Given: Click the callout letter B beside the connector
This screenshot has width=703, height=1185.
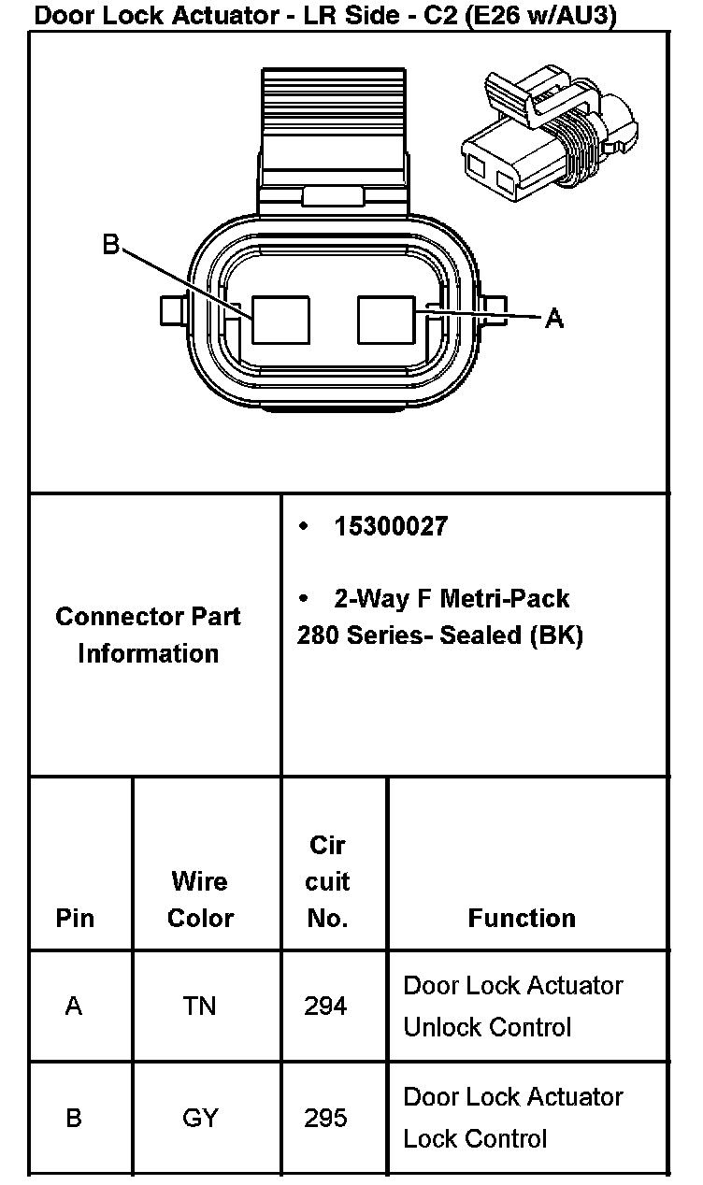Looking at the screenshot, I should tap(111, 246).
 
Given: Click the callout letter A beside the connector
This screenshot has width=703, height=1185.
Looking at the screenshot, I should tap(553, 319).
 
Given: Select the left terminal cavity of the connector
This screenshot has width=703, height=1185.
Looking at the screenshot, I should tap(280, 320).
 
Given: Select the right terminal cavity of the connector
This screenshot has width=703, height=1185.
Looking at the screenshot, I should tap(386, 320).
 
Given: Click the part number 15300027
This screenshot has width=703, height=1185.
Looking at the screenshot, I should tap(391, 527).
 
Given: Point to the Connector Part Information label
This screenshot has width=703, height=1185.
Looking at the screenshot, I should tap(148, 635).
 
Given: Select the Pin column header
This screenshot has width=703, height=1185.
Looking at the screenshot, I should tap(75, 918).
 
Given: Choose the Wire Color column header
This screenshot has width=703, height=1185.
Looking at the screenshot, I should tap(200, 899).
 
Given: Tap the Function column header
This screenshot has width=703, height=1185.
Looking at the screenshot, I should tap(522, 918).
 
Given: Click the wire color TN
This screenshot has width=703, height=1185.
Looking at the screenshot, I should tap(200, 1006).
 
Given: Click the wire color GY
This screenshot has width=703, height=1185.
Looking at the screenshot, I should tap(200, 1118).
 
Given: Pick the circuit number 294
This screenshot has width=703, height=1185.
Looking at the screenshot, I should tap(325, 1006).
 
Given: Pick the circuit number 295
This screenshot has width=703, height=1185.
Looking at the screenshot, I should tap(325, 1118).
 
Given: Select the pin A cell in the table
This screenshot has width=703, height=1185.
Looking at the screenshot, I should tap(74, 1006).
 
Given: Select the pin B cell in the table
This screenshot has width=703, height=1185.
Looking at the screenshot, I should tap(74, 1118).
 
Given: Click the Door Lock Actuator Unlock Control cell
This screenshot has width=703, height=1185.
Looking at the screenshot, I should tap(512, 1006).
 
